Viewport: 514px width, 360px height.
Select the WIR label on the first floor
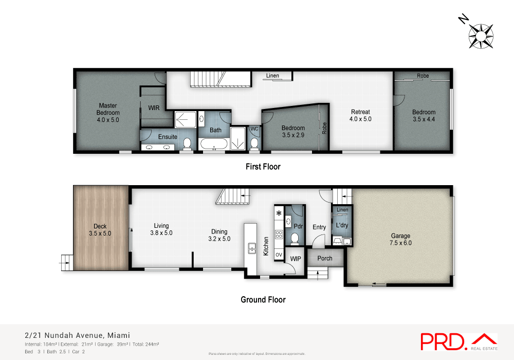154,108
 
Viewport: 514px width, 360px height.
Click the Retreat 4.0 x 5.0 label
360,115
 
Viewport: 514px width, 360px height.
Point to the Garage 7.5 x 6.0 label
401,240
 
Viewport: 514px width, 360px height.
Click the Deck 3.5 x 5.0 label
100,229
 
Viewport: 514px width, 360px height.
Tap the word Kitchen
266,246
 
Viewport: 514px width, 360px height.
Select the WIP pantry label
296,258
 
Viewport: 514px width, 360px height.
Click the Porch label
325,258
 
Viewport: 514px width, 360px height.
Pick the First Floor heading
262,167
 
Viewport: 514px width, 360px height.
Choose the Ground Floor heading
263,299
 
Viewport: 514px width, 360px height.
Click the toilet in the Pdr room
295,238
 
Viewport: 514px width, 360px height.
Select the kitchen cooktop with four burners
279,234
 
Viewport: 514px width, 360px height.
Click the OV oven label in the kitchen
279,255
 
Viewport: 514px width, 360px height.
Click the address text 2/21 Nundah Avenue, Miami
78,335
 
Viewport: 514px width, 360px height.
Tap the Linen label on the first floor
272,76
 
